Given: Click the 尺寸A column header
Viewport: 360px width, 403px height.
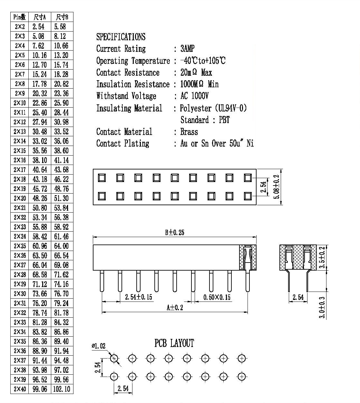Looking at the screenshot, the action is coord(40,17).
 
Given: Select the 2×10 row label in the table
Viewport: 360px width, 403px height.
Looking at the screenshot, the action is coord(20,103).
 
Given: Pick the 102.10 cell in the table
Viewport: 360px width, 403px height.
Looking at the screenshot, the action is coord(62,389).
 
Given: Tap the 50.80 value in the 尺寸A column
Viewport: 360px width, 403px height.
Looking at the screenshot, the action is coord(40,208).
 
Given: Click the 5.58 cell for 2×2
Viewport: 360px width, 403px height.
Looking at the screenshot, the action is coord(60,26).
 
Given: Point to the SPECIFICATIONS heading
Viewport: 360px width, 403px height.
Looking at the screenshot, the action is coord(121,37).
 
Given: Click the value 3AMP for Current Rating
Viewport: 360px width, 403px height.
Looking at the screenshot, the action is coord(188,48).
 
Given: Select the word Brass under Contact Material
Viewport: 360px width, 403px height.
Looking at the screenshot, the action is coord(189,132).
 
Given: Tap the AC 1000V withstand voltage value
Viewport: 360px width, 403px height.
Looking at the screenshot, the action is coord(194,96).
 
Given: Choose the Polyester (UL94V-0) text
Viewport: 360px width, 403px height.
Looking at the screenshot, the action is coord(213,108).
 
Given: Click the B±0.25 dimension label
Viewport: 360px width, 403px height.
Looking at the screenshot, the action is coord(175,232).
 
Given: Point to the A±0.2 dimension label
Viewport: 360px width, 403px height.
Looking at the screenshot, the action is coord(175,308).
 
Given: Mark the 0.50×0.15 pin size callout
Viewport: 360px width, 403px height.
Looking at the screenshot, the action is coord(217,297).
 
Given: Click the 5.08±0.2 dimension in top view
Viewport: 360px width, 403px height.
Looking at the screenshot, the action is coord(277,187).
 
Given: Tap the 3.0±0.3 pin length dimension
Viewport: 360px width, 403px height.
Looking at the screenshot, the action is coord(322,308).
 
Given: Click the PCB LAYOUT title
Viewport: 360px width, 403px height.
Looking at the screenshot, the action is coord(174,343).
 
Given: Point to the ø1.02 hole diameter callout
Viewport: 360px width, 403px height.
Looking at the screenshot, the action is coord(99,346).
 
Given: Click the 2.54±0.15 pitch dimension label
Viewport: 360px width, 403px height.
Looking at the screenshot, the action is coord(139,297).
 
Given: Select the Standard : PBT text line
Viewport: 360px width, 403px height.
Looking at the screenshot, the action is coord(205,120).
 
